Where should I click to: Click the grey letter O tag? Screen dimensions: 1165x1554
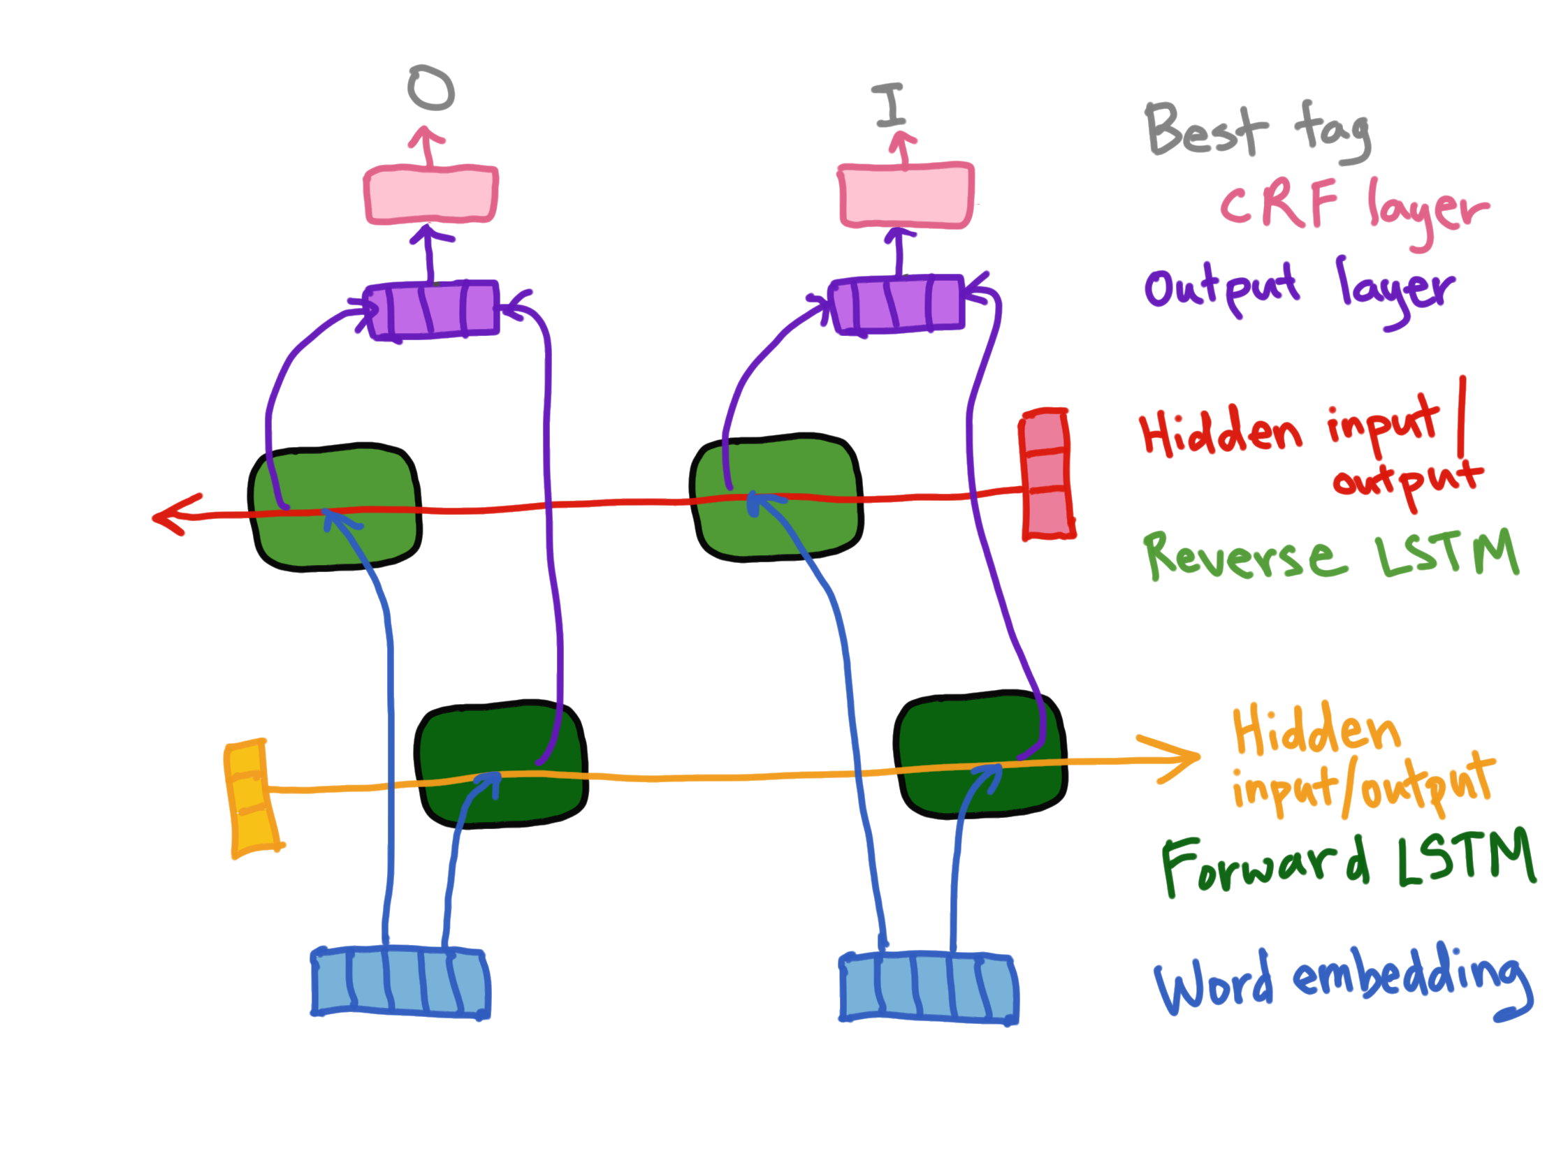(430, 89)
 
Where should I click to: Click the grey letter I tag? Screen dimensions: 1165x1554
(890, 105)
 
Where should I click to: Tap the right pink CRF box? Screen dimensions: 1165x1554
(906, 196)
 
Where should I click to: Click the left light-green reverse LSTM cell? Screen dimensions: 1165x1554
(335, 507)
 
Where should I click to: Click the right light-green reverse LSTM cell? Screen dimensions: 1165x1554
(776, 497)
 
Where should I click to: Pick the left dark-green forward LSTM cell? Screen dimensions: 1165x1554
(501, 764)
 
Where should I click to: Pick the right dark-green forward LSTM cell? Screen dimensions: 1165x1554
(981, 756)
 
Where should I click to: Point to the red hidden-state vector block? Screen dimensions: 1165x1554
(1047, 474)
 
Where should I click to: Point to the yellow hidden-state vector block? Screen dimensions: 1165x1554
(252, 798)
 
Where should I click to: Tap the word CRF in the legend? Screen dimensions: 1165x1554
(1279, 203)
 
